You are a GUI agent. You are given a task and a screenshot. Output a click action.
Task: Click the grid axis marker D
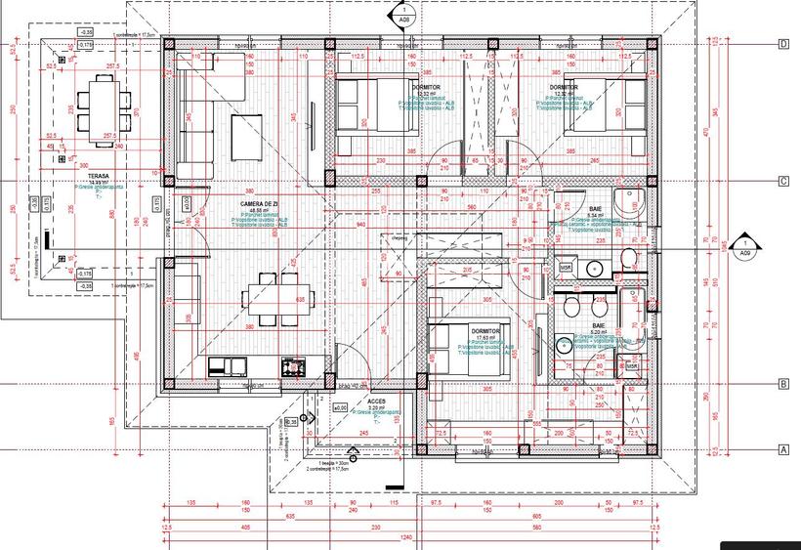point(783,44)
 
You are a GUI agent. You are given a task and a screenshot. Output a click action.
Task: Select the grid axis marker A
point(783,450)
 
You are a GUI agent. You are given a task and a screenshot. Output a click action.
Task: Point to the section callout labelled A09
point(745,246)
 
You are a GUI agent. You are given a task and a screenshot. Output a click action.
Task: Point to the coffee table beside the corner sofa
point(244,137)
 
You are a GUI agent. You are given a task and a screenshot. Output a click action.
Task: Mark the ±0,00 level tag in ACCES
point(340,407)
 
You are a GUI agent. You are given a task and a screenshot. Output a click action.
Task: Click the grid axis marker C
point(783,182)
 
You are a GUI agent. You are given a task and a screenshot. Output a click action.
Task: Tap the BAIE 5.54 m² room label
point(594,211)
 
